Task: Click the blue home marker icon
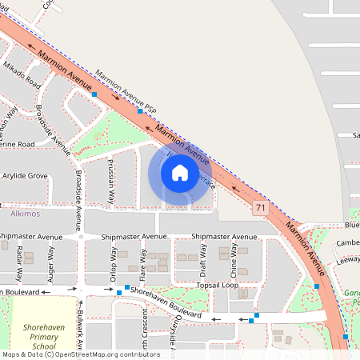(179, 173)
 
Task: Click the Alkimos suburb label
(25, 215)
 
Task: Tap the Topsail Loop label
(218, 285)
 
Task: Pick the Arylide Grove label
(25, 174)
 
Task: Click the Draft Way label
(203, 258)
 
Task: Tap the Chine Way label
(234, 258)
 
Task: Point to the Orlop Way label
(111, 264)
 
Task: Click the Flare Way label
(144, 262)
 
